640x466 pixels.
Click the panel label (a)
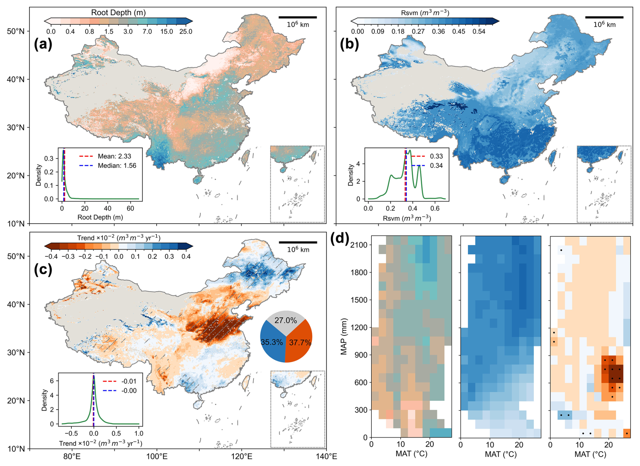pyautogui.click(x=43, y=44)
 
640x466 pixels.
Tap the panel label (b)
pyautogui.click(x=349, y=44)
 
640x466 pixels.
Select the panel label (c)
pyautogui.click(x=43, y=269)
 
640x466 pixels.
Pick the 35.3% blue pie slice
pyautogui.click(x=272, y=342)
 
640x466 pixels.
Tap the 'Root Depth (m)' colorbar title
pyautogui.click(x=118, y=12)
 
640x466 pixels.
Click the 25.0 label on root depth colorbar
pyautogui.click(x=186, y=31)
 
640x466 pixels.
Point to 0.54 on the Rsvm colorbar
pyautogui.click(x=479, y=31)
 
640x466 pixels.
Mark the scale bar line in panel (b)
pyautogui.click(x=604, y=17)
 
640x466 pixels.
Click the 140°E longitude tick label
pyautogui.click(x=326, y=457)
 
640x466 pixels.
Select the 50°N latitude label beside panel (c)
pyautogui.click(x=16, y=256)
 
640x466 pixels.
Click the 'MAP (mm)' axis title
pyautogui.click(x=344, y=336)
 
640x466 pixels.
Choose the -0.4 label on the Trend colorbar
pyautogui.click(x=51, y=256)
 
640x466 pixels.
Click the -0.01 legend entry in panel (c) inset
pyautogui.click(x=129, y=381)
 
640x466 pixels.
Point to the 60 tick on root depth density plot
pyautogui.click(x=130, y=208)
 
